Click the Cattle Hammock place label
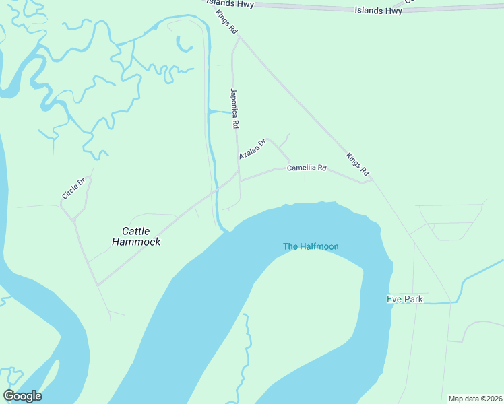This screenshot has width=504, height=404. tap(136, 236)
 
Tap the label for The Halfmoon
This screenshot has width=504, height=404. tap(311, 246)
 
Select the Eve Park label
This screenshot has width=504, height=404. tap(404, 299)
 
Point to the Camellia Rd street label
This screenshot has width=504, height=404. tap(307, 168)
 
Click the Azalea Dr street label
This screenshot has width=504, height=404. tap(253, 149)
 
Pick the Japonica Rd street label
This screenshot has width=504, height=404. tap(234, 108)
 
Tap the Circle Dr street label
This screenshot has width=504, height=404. tap(73, 188)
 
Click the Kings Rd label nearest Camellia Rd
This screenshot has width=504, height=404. tap(358, 165)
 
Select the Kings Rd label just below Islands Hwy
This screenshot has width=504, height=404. tap(227, 22)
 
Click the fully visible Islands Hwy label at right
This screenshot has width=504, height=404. tap(379, 11)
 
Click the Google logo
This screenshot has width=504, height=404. tap(22, 396)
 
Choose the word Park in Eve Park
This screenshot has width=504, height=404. tap(413, 299)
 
